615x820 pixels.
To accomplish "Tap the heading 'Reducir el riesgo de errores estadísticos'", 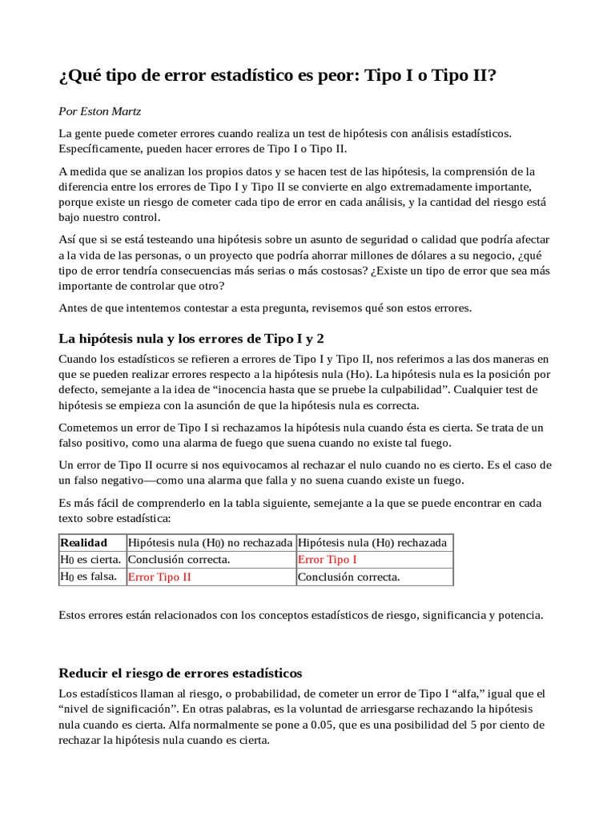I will coord(181,673).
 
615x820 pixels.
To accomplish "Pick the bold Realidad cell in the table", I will coord(84,542).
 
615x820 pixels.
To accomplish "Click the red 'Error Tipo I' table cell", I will coord(328,559).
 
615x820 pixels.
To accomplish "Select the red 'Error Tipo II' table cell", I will coord(159,577).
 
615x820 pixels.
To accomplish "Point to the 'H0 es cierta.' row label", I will coord(90,559).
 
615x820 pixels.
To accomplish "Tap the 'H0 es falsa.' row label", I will coord(89,577).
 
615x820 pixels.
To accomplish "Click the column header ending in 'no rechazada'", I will coord(211,542).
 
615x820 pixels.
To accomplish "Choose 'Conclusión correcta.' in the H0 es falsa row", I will coord(348,577).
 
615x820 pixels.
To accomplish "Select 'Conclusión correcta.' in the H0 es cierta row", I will coord(179,559).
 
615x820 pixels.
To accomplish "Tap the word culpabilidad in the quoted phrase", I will coord(388,389).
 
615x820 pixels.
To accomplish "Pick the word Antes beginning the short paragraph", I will coord(74,307).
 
